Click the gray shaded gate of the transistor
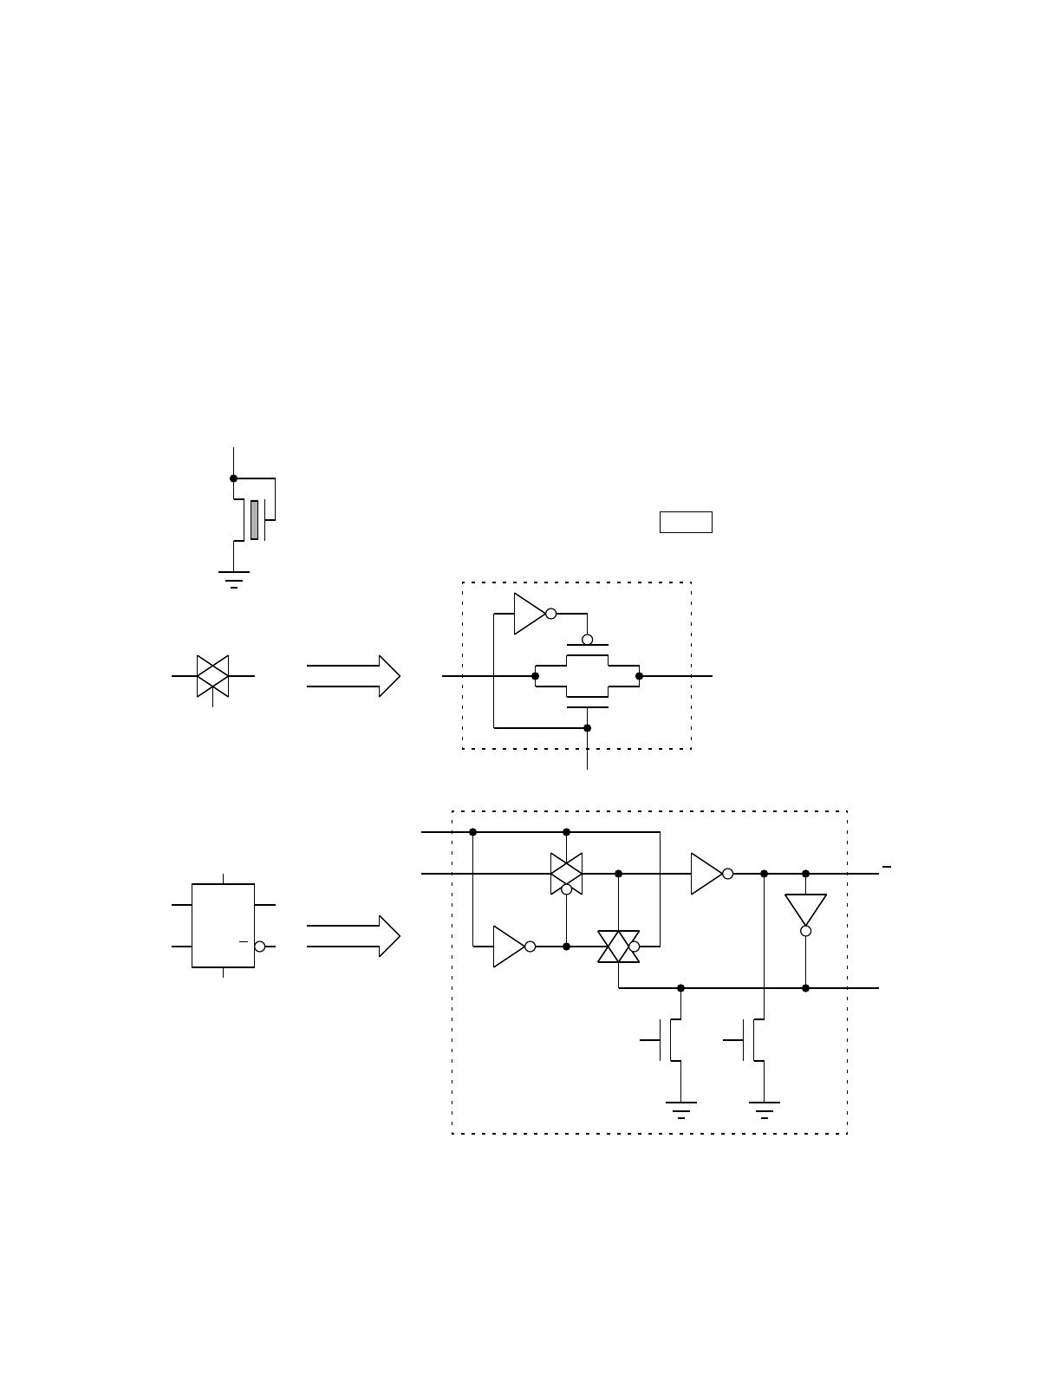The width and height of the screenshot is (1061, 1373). (x=254, y=520)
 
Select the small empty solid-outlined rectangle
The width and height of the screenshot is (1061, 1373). (x=686, y=522)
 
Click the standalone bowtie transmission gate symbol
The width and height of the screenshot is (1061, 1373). (x=212, y=676)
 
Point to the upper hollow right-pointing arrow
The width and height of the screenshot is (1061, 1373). (x=354, y=676)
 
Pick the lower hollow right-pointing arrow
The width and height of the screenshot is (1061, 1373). (x=354, y=936)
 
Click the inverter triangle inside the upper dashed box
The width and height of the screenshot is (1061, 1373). (x=530, y=614)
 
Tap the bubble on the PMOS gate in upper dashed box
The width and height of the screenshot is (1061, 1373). (x=587, y=640)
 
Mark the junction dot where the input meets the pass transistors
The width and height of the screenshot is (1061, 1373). (x=535, y=676)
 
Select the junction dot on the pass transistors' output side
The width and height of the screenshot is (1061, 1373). (x=639, y=676)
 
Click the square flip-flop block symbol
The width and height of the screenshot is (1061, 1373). (x=223, y=926)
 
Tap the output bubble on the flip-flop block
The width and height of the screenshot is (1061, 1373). (x=259, y=947)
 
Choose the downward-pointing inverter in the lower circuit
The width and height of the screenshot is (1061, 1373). (x=805, y=910)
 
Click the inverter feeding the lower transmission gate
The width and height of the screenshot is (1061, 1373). (x=510, y=947)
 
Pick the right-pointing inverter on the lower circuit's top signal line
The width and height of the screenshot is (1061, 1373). (x=707, y=874)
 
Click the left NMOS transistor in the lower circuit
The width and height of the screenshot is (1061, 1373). (x=670, y=1040)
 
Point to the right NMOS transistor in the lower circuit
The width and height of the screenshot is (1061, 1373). (x=753, y=1040)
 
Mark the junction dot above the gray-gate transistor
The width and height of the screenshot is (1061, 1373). (x=233, y=478)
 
